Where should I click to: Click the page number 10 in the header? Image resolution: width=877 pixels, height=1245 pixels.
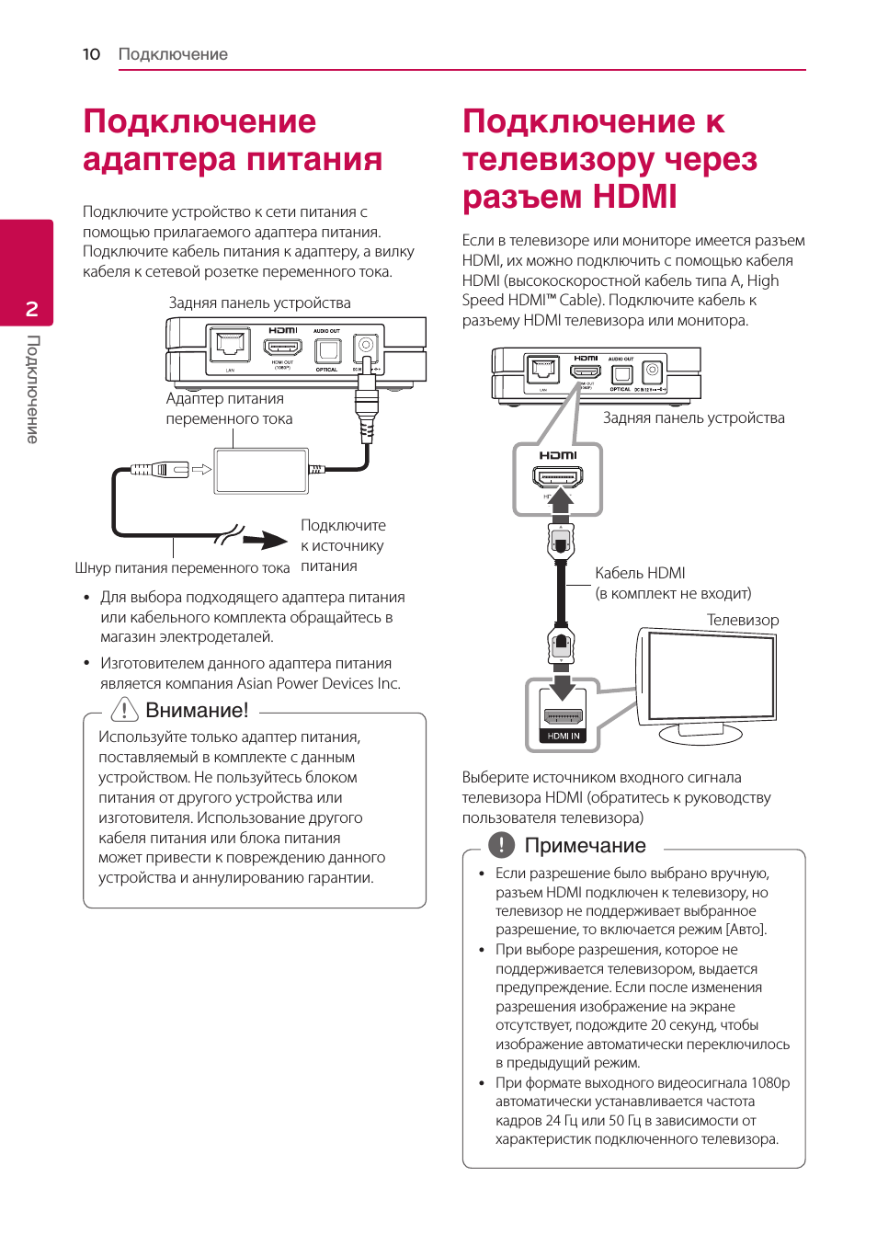(91, 54)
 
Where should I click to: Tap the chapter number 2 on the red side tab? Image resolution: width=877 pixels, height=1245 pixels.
(32, 309)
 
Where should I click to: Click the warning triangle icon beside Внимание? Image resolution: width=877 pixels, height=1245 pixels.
(124, 710)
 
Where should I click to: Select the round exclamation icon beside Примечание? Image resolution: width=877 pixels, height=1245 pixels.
(501, 845)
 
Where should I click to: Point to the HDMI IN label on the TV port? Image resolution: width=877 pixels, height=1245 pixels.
(564, 736)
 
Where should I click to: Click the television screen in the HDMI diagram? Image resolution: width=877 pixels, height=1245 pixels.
(709, 676)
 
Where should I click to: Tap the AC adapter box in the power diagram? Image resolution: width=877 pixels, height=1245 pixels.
(261, 471)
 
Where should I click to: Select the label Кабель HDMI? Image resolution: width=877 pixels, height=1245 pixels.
(640, 573)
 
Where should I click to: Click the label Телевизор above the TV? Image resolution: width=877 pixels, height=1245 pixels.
(743, 620)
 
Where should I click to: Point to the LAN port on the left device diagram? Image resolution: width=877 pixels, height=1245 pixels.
(229, 346)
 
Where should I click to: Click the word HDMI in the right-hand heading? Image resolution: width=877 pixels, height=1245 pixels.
(634, 197)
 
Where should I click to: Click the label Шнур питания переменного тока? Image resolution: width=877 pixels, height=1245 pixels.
(182, 568)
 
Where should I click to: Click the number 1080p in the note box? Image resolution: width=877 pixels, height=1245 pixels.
(769, 1082)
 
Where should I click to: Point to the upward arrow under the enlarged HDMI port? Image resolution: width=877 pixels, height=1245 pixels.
(559, 502)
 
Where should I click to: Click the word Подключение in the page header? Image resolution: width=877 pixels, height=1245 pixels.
(173, 54)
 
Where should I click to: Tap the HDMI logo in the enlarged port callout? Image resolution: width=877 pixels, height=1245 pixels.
(558, 455)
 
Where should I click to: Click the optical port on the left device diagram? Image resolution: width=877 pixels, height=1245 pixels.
(327, 350)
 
